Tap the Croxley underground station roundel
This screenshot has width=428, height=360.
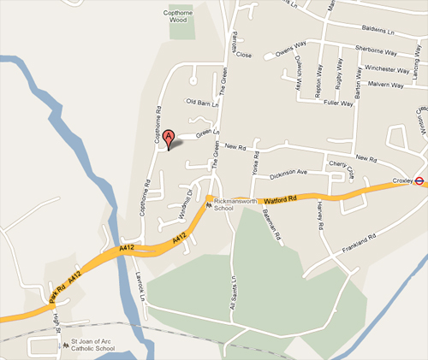coord(420,180)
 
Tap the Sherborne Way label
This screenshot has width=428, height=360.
coord(380,50)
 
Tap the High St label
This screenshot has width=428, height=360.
coord(57,322)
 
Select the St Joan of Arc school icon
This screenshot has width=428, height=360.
coord(62,345)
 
